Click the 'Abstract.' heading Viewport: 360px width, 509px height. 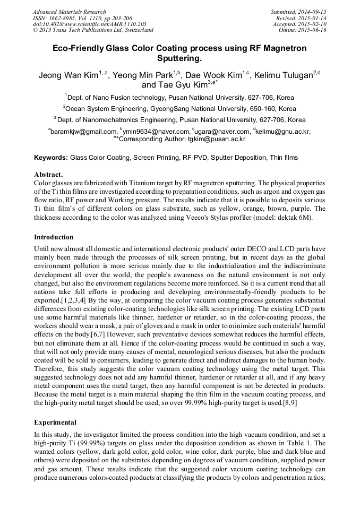(48, 174)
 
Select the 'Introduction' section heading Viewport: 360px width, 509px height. (54, 237)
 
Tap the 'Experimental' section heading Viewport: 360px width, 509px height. (55, 422)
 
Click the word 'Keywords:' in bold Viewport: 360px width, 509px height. (51, 158)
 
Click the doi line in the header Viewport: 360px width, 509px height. (89, 24)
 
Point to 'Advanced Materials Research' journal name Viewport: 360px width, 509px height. (69, 12)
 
